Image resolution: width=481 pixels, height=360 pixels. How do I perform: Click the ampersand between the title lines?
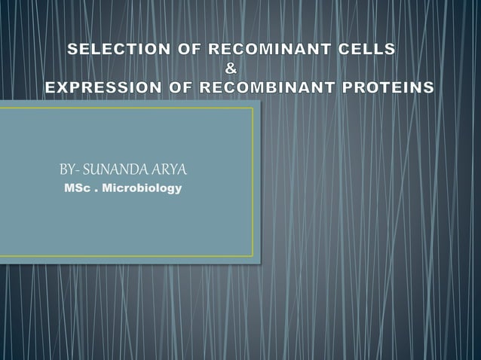click(x=232, y=69)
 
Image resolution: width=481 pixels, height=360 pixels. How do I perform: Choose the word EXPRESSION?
click(x=100, y=87)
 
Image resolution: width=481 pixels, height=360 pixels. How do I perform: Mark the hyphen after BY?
click(x=78, y=169)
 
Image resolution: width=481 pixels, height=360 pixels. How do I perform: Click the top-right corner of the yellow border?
click(x=253, y=108)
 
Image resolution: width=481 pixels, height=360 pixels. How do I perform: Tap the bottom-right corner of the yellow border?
click(x=253, y=256)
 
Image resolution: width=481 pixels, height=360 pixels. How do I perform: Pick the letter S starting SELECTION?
click(x=72, y=50)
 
